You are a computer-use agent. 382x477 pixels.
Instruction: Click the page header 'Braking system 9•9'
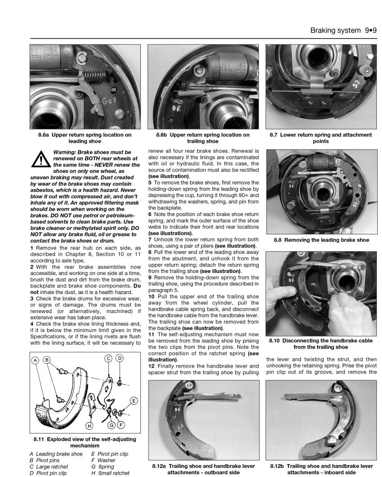343,30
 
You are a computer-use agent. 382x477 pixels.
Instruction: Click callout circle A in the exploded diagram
35,359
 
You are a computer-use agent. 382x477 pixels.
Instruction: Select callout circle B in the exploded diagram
47,359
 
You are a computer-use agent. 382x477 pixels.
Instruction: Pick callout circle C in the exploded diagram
108,358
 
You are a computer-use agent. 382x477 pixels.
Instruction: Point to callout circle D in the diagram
119,358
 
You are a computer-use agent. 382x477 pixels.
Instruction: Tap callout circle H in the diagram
89,425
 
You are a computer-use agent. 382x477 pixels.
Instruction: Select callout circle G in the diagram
111,425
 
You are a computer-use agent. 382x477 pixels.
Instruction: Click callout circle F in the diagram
121,425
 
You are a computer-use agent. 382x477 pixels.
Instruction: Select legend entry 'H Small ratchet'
110,473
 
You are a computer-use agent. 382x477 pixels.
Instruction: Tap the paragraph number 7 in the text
150,239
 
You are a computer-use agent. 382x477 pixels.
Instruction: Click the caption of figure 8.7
320,138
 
